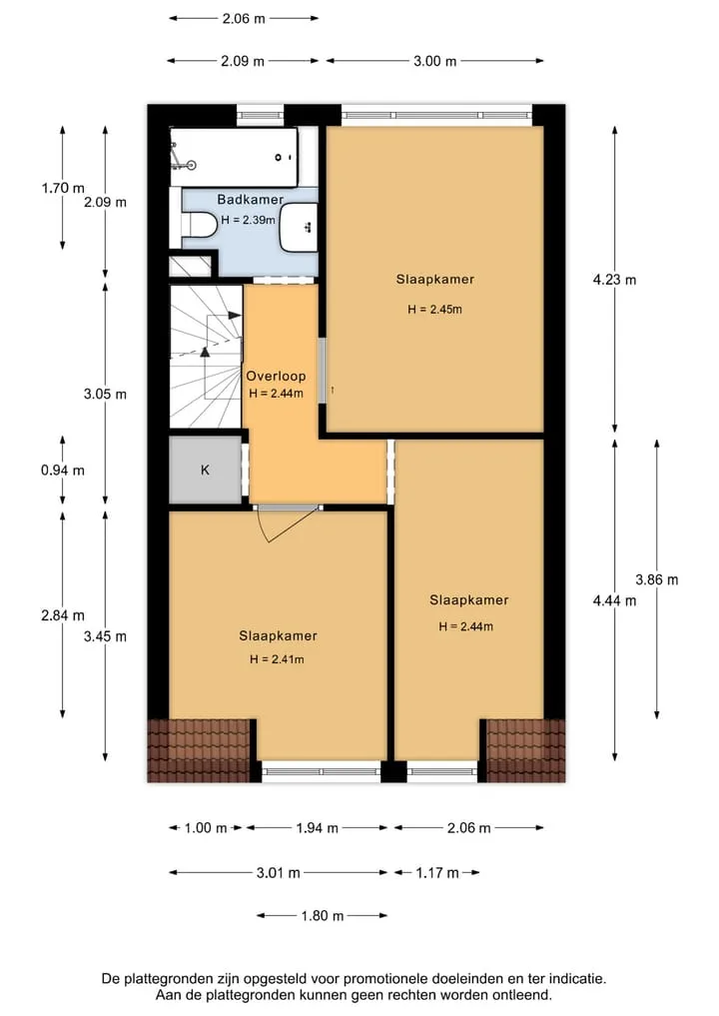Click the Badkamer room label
[250, 200]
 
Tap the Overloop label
[276, 376]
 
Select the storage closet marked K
[206, 470]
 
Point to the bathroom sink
[299, 228]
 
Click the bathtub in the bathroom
[234, 158]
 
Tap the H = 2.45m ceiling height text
[434, 309]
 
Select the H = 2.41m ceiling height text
[277, 659]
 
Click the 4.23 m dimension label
[614, 280]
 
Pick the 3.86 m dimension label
[657, 579]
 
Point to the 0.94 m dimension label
[63, 471]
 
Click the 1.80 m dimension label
[322, 916]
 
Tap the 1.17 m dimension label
[437, 873]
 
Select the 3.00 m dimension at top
[434, 61]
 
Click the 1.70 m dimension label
[63, 188]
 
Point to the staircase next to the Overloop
[206, 357]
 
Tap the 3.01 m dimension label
[278, 873]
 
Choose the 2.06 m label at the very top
[244, 19]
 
